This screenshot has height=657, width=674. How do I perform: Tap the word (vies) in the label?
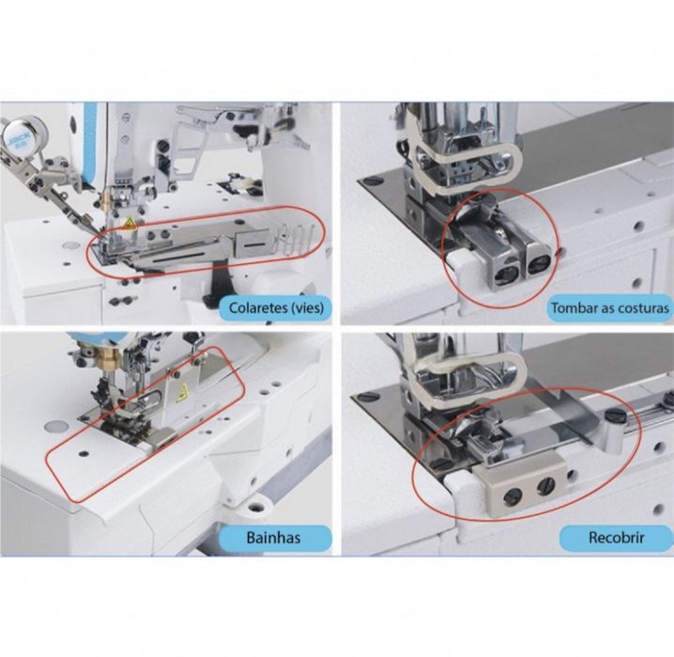coord(303,308)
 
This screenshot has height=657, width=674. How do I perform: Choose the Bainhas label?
coord(274,538)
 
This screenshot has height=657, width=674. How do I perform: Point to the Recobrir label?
coord(617,538)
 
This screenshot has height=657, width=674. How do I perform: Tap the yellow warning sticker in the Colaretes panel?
coord(129,224)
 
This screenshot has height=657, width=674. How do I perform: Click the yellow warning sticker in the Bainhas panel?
coord(183,392)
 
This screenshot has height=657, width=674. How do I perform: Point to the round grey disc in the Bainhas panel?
coord(56,427)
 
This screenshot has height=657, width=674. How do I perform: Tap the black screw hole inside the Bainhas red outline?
coord(84,453)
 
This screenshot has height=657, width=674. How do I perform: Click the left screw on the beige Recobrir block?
coord(513,498)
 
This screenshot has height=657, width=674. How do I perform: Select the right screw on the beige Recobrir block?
coord(544,486)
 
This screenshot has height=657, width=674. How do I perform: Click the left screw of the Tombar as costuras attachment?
coord(506,275)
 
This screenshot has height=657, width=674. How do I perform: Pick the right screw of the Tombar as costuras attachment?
coord(537,265)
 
